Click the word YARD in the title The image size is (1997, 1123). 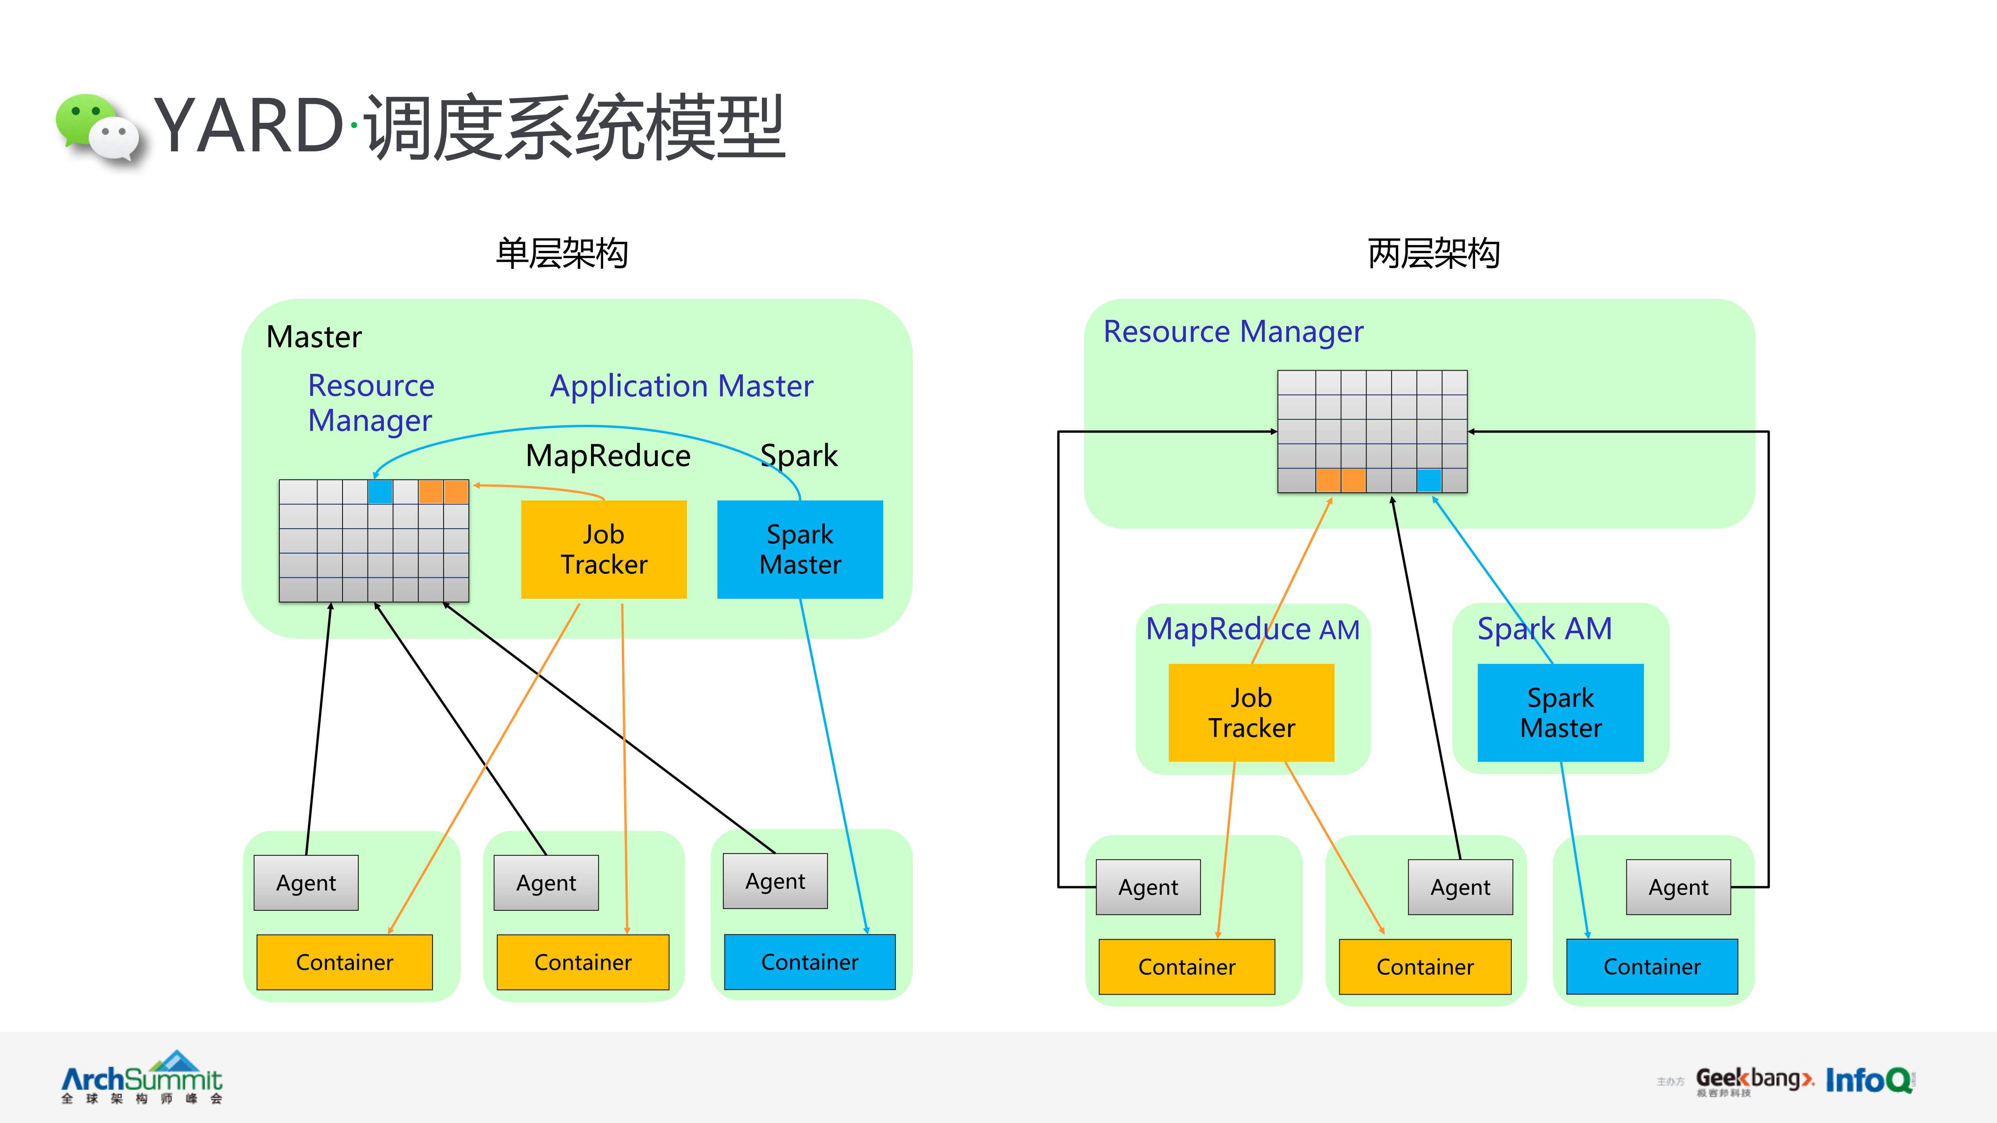pos(248,126)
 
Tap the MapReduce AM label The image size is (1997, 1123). pos(1252,629)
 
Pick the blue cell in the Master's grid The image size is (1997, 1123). pos(380,491)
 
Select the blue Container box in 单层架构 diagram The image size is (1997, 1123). pos(809,962)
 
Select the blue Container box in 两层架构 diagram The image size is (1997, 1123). pos(1651,967)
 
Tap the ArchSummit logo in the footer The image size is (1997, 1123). pos(142,1077)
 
